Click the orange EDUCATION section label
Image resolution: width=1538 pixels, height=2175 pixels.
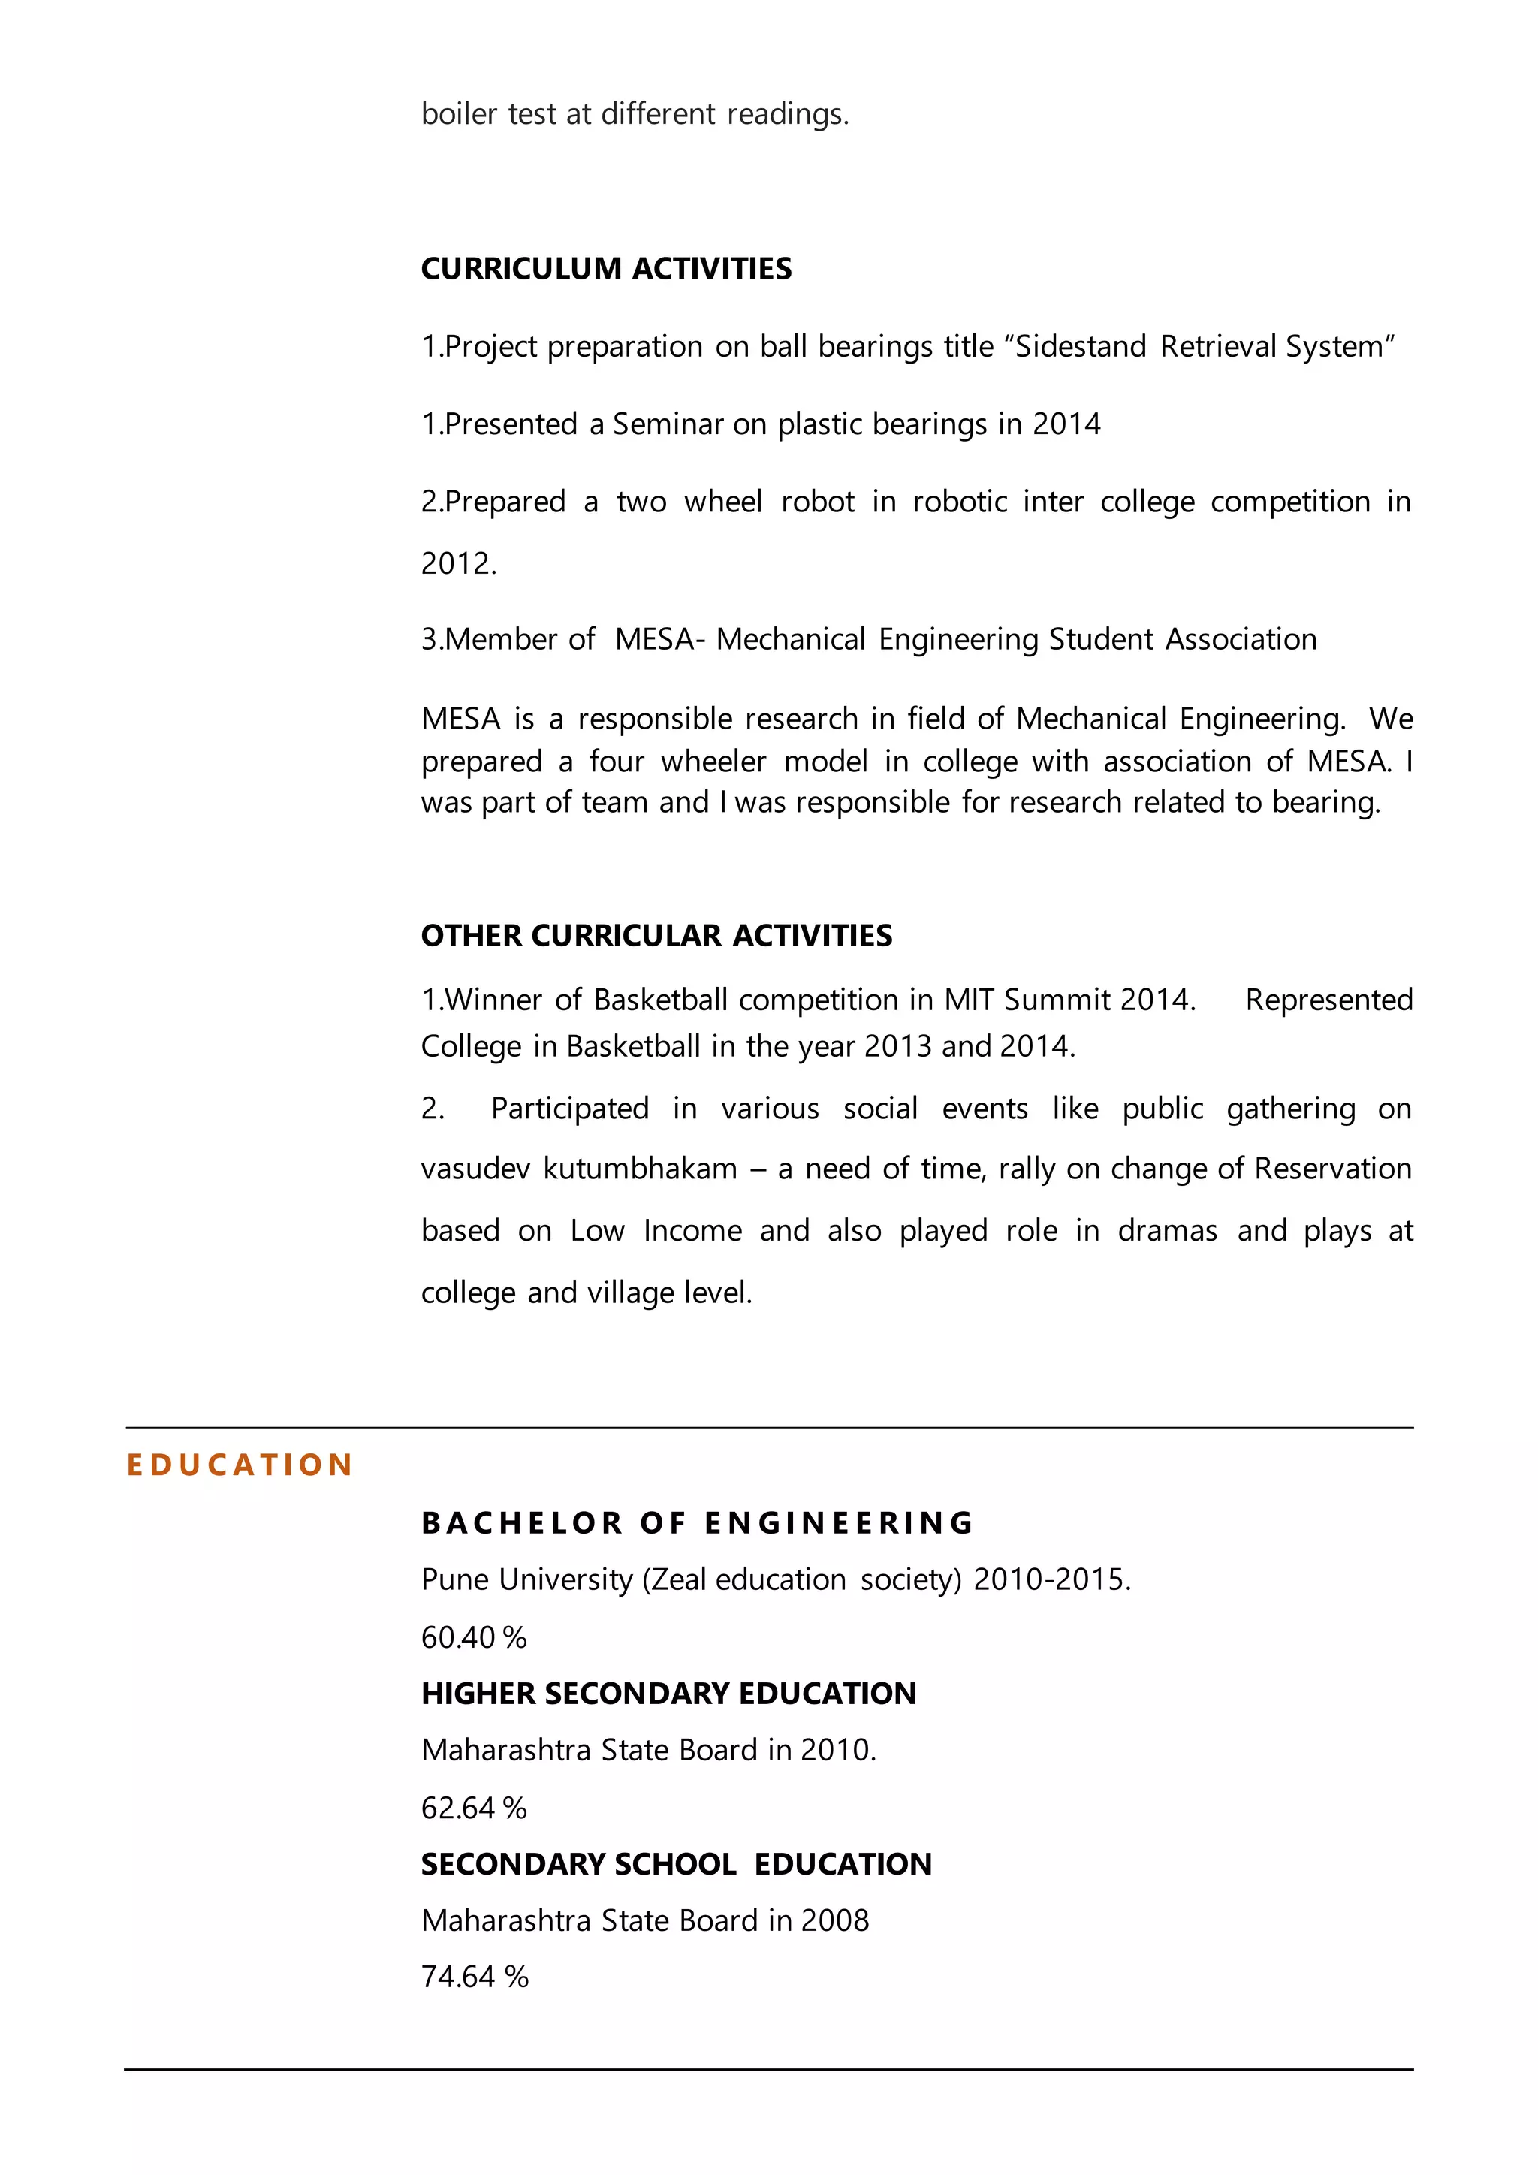(x=240, y=1465)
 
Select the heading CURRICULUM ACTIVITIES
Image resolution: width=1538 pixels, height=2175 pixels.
(x=606, y=269)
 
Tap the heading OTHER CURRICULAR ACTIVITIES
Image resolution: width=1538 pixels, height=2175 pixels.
(x=656, y=935)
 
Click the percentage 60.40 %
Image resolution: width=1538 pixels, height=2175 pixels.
(x=474, y=1637)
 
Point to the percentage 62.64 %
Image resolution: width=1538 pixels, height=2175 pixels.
(x=474, y=1808)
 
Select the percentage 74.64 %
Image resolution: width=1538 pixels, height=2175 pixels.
(x=475, y=1976)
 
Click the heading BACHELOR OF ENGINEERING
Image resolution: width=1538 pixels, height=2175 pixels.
(x=698, y=1522)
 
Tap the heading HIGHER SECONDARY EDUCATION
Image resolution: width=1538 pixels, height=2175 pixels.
(x=668, y=1693)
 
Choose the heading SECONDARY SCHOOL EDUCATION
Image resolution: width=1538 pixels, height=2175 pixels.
(x=676, y=1863)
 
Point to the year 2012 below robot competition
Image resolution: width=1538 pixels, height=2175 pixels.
(x=457, y=563)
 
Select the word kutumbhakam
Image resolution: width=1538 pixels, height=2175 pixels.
(x=640, y=1168)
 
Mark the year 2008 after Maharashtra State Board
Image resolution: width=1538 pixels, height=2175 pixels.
(x=834, y=1920)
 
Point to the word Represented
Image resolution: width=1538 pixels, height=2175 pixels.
(x=1328, y=1000)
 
